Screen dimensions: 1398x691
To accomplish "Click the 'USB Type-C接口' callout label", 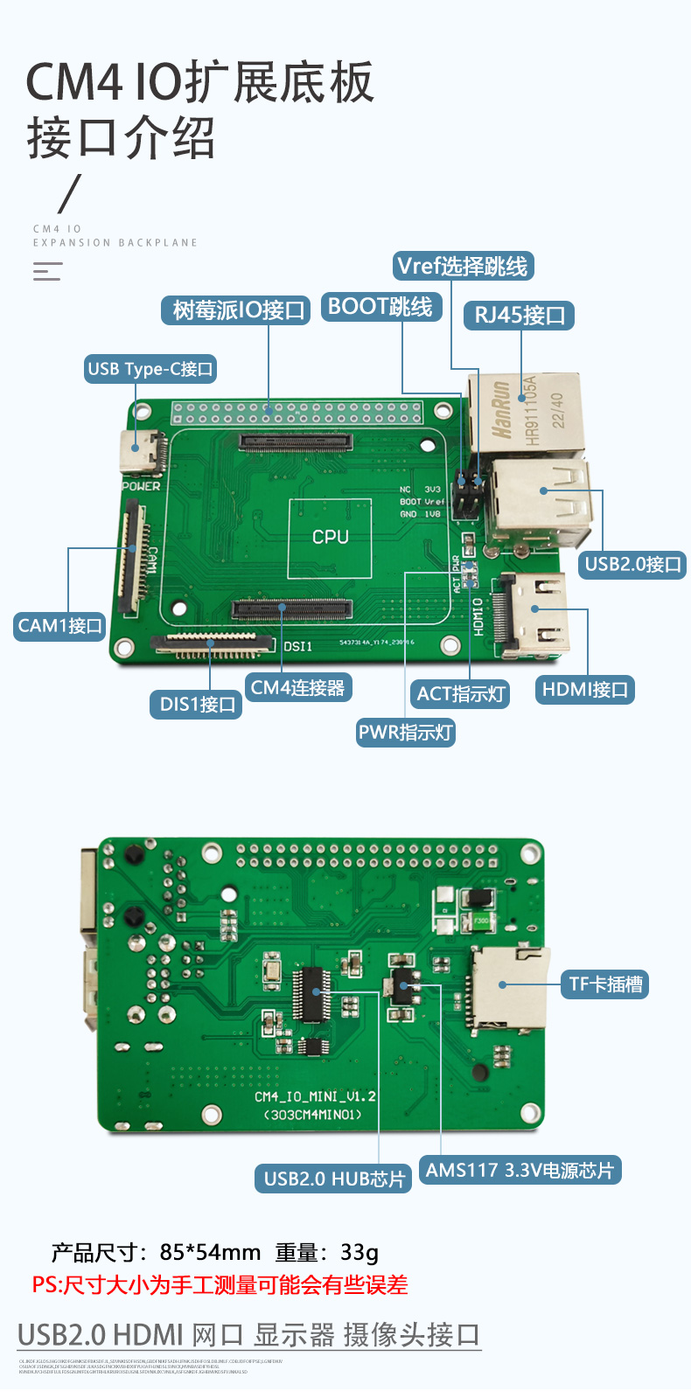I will pos(150,369).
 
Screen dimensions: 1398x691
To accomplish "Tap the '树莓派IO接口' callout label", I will pos(236,310).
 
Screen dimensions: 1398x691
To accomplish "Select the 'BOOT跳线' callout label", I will pos(380,307).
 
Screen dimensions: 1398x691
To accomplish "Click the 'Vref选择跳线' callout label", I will pos(462,267).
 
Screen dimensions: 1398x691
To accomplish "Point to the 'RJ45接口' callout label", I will pos(519,316).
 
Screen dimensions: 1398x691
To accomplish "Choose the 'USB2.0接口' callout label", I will pos(632,564).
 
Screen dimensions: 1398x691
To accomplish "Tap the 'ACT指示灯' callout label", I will pos(461,694).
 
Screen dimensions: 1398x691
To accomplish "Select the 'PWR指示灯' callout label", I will pos(405,732).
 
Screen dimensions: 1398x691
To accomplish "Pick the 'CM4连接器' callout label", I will pos(297,688).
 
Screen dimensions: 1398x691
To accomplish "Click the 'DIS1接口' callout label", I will pos(197,705).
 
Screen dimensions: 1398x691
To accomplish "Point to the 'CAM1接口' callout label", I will pos(60,626).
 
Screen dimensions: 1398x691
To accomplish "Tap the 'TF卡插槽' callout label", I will pos(605,984).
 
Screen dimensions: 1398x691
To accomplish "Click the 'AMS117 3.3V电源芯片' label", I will pos(520,1170).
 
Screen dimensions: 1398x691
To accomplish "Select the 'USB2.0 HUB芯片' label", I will pos(333,1179).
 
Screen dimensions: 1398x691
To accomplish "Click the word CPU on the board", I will pos(330,537).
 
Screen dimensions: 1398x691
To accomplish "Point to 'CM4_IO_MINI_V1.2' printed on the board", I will pos(315,1096).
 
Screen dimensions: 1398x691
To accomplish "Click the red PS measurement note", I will pos(220,1285).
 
